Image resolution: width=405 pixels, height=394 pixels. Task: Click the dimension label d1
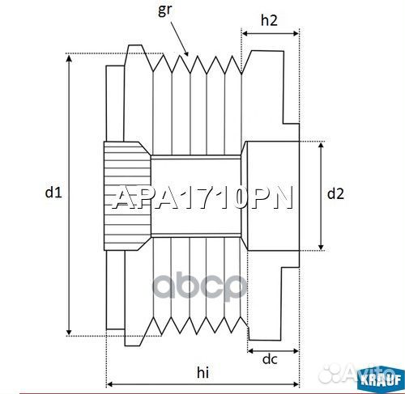(53, 193)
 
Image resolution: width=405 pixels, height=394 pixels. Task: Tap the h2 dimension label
(271, 22)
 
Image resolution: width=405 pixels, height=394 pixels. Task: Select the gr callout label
(165, 10)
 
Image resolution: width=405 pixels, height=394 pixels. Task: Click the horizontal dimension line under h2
(271, 35)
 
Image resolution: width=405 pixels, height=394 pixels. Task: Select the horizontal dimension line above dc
(272, 350)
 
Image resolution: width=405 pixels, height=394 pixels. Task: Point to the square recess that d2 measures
(271, 195)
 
